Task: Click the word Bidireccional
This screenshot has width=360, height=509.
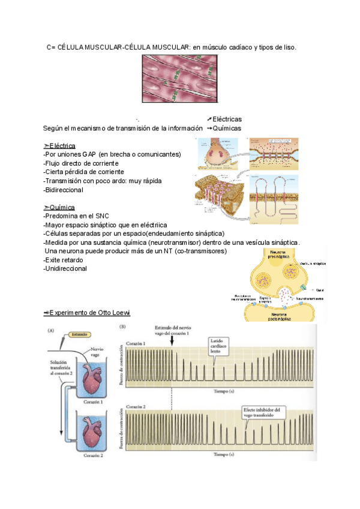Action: [x=64, y=190]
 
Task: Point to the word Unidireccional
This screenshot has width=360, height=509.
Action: [x=66, y=268]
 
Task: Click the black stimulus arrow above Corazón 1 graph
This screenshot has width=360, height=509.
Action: [x=172, y=340]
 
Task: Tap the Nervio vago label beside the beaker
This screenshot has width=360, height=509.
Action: [x=98, y=352]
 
